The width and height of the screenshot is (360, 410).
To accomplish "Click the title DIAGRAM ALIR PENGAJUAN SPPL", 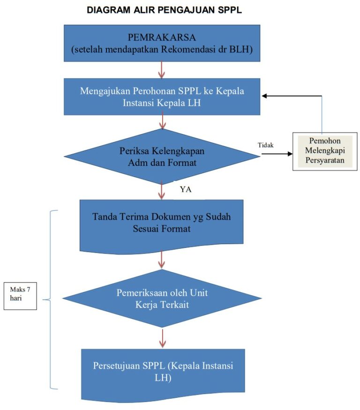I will coord(164,10).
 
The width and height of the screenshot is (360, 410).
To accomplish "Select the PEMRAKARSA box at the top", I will coord(162,43).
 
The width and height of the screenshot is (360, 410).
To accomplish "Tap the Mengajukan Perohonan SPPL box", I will coord(162,96).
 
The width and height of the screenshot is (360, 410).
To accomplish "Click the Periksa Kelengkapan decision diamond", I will coord(162,157).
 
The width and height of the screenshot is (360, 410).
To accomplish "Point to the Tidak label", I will coord(265,145).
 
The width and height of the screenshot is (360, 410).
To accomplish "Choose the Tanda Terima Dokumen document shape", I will coord(162,224).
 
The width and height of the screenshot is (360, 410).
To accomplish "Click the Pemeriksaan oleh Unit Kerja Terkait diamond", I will coord(162,298).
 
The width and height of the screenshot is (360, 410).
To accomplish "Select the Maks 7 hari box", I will coord(20,296).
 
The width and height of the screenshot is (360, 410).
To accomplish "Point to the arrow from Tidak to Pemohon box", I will coord(274,152).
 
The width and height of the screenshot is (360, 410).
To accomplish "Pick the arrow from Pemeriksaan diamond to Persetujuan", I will coord(162,338).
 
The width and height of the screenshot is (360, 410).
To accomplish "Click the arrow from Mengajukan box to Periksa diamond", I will coord(162,122).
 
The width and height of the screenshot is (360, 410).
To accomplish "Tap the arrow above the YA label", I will coord(162,190).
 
